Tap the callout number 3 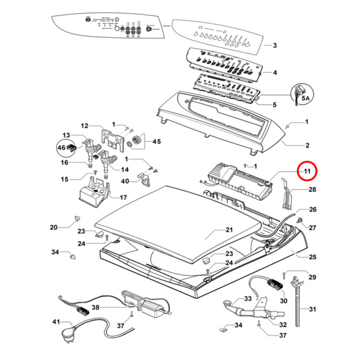click(274, 45)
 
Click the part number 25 click(312, 257)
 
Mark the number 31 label click(312, 309)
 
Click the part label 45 click(157, 141)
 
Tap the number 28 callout click(312, 190)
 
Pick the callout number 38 click(96, 307)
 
